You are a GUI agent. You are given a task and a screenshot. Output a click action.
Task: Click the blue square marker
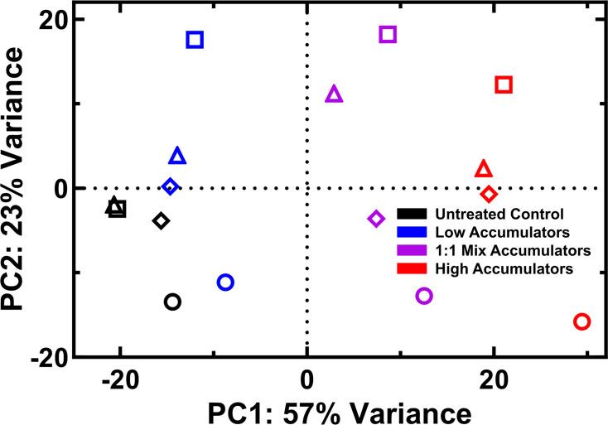pyautogui.click(x=195, y=40)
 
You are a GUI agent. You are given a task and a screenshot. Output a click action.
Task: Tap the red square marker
pyautogui.click(x=504, y=85)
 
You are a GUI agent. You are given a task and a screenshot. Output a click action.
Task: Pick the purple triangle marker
pyautogui.click(x=334, y=94)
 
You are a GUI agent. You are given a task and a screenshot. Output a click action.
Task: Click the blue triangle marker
pyautogui.click(x=177, y=156)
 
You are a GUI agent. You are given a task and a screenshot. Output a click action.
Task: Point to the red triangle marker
pyautogui.click(x=484, y=169)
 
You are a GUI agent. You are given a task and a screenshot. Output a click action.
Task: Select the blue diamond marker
pyautogui.click(x=171, y=187)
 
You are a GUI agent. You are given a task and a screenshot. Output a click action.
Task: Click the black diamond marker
pyautogui.click(x=162, y=220)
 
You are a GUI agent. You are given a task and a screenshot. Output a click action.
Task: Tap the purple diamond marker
pyautogui.click(x=376, y=219)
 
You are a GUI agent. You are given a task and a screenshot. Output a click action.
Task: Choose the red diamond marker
pyautogui.click(x=490, y=194)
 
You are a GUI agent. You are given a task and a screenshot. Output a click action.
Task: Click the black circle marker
pyautogui.click(x=172, y=302)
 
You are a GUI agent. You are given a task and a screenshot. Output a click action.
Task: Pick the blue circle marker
pyautogui.click(x=225, y=283)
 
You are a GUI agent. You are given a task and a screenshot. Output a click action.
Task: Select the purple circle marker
pyautogui.click(x=424, y=296)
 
